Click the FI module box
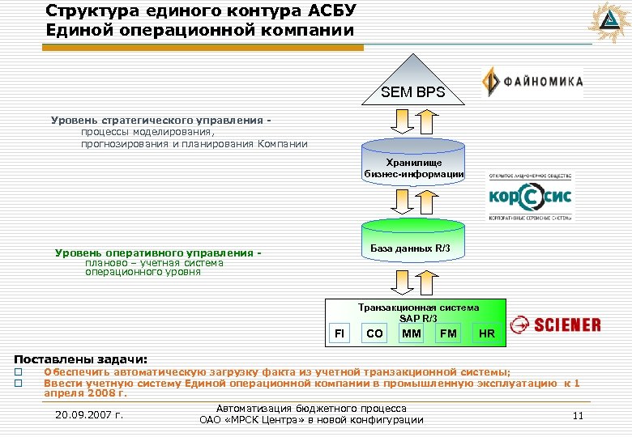pos(339,333)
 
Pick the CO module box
pos(374,333)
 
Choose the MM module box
pos(412,333)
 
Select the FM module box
pos(448,333)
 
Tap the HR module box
pos(486,333)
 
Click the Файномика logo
pos(532,83)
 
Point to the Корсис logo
pos(530,197)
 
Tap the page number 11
pos(578,415)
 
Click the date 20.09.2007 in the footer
pos(89,415)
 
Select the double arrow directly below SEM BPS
pos(403,120)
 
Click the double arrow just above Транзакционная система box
pos(403,282)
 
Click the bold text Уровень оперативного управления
pos(158,253)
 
